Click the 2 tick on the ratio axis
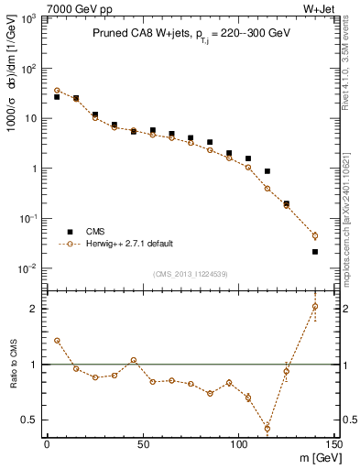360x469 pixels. pyautogui.click(x=33, y=309)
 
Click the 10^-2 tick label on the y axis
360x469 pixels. pyautogui.click(x=27, y=268)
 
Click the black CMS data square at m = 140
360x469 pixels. pyautogui.click(x=315, y=252)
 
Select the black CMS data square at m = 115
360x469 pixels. pyautogui.click(x=267, y=171)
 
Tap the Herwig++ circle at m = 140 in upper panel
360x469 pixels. pyautogui.click(x=315, y=235)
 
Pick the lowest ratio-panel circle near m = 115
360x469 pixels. pyautogui.click(x=267, y=428)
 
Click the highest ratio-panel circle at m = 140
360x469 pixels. pyautogui.click(x=315, y=307)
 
